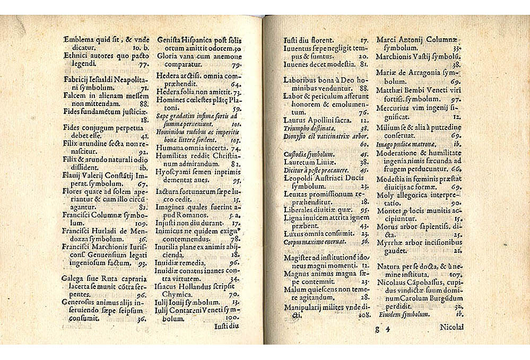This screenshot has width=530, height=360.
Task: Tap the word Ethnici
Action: (76, 54)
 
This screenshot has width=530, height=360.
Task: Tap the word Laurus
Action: (295, 120)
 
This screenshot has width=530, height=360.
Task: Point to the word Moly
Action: (385, 195)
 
